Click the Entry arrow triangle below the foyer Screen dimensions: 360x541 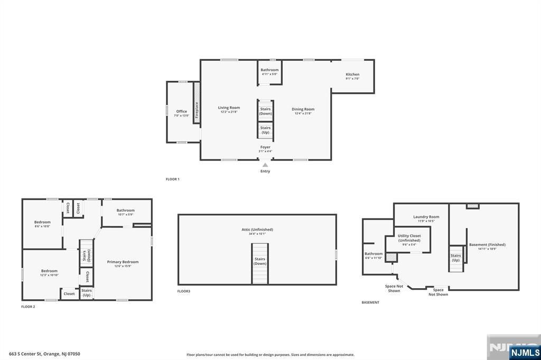coord(265,165)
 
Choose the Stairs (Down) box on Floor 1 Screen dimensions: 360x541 coord(265,111)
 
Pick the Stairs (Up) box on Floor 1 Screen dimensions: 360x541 coord(265,130)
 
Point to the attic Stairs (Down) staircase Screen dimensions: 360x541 coord(259,263)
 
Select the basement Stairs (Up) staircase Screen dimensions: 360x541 coord(456,258)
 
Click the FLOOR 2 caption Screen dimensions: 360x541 coord(28,307)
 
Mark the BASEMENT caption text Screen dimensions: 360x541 coord(370,302)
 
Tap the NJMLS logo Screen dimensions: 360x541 coord(525,352)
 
